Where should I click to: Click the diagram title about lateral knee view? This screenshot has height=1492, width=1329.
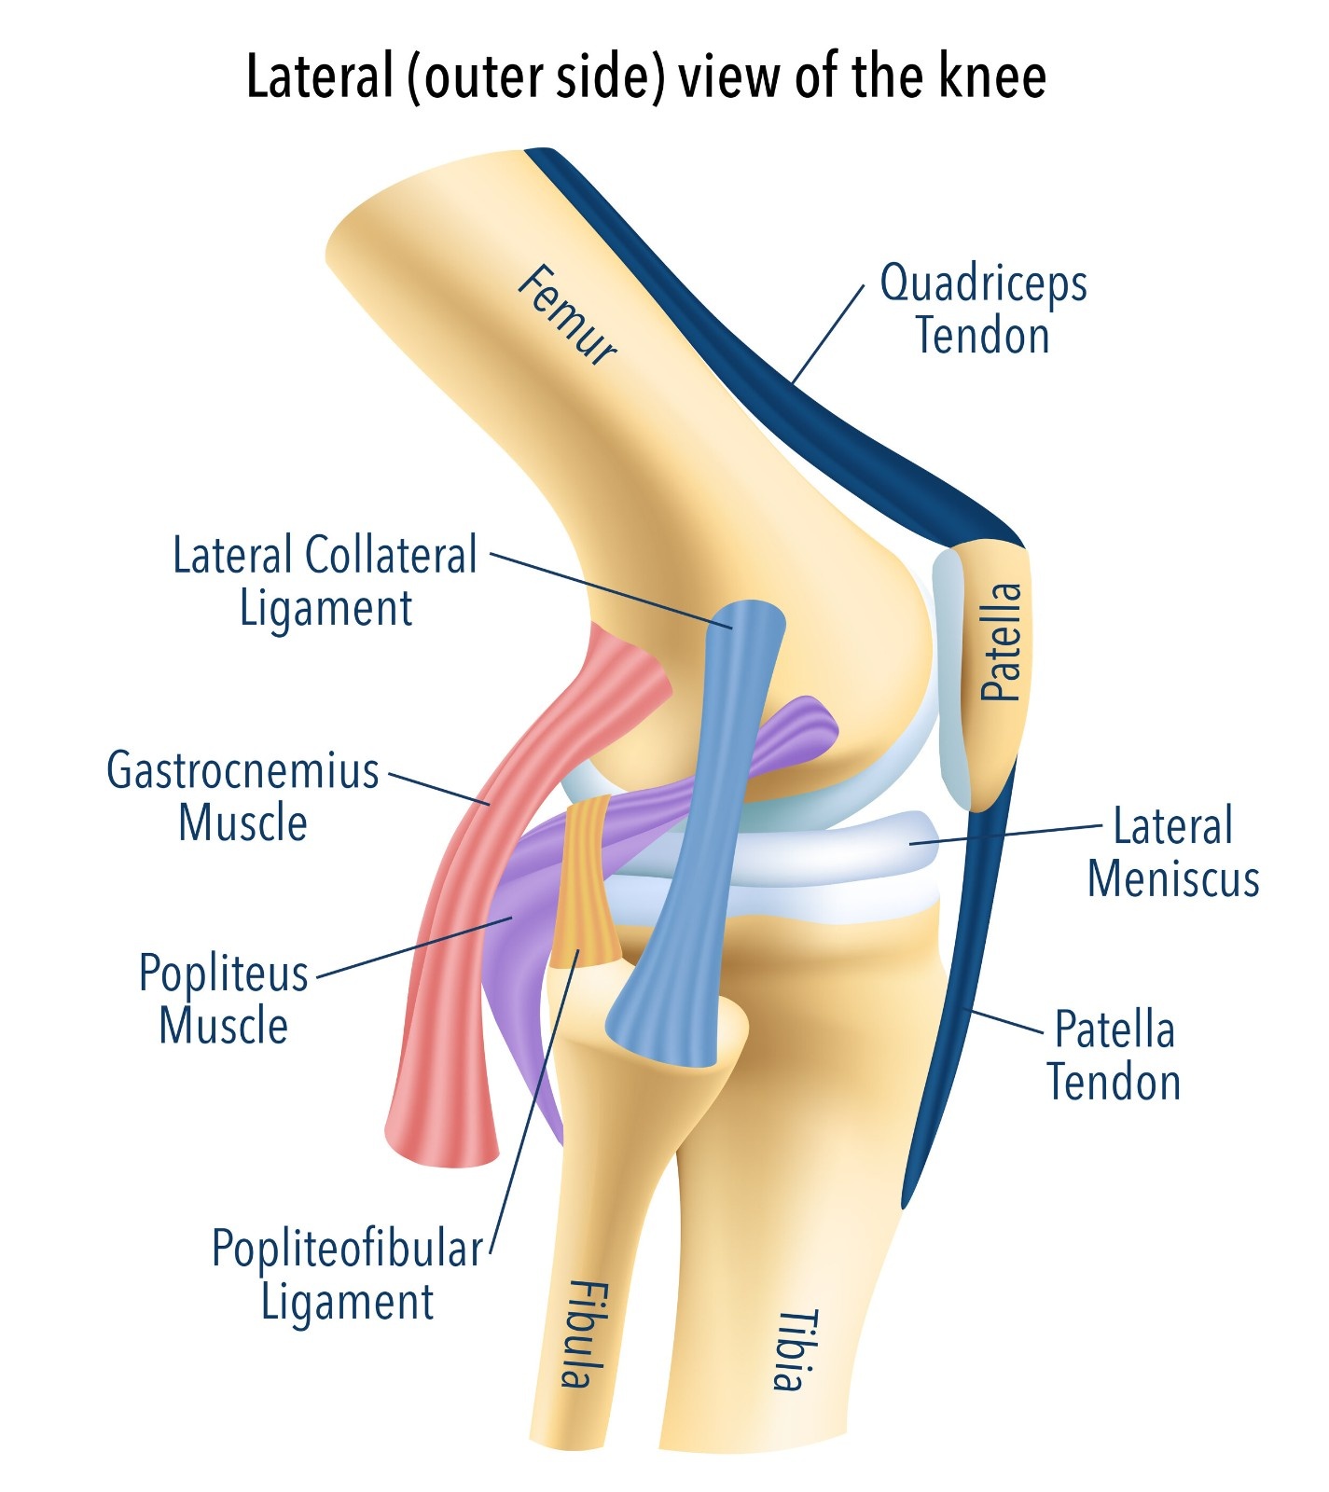[x=645, y=76]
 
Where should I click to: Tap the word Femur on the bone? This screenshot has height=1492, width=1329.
[x=566, y=314]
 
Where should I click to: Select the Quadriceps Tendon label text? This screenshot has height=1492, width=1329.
[x=983, y=309]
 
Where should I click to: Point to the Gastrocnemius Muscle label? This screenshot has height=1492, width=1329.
[x=243, y=796]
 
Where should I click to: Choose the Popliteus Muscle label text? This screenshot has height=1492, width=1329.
[x=223, y=999]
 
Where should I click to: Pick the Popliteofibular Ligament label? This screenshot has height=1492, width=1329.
[x=347, y=1275]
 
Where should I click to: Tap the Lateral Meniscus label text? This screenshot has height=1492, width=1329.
[x=1173, y=852]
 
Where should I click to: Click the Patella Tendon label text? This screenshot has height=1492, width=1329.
[x=1114, y=1056]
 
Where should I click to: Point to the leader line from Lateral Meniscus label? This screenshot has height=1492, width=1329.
[x=1007, y=834]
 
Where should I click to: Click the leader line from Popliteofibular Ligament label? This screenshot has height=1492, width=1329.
[x=532, y=1100]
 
